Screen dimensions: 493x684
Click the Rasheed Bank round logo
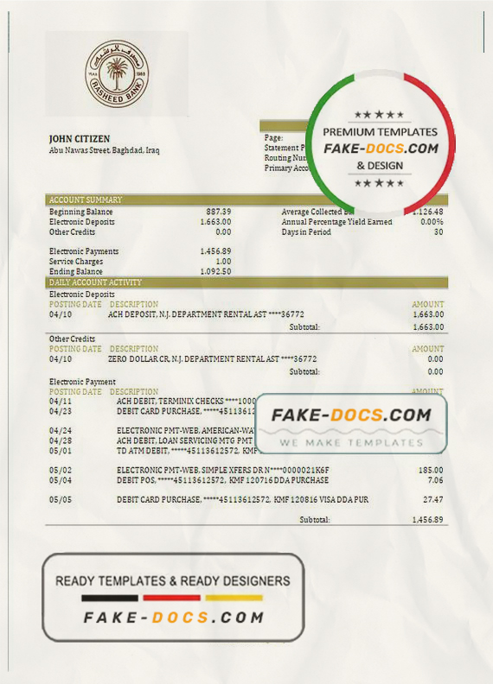pos(116,74)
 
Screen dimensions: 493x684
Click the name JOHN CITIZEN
pos(80,138)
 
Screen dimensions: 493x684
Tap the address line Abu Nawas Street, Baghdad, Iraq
pos(104,149)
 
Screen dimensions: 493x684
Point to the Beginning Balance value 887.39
pos(218,212)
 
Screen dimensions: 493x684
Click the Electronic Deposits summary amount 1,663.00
pos(215,222)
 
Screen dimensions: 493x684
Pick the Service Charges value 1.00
pos(223,262)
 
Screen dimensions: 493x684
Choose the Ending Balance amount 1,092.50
pos(215,272)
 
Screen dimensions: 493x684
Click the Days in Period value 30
pos(439,232)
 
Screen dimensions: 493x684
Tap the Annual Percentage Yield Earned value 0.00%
pos(432,222)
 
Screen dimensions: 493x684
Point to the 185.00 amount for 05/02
pos(431,469)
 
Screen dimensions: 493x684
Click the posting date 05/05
pos(61,500)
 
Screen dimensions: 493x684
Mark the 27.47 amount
pos(434,500)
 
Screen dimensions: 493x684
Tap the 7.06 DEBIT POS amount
pos(436,479)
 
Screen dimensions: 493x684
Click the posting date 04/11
pos(61,402)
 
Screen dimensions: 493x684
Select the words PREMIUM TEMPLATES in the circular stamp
pos(380,132)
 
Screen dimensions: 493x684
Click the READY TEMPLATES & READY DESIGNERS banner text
pos(173,581)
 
